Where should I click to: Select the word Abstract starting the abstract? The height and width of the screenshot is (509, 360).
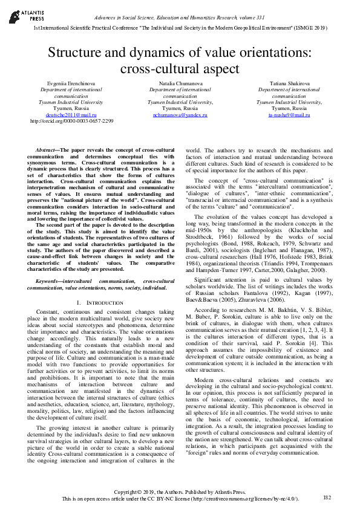click(46, 149)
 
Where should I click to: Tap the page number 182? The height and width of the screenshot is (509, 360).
click(327, 497)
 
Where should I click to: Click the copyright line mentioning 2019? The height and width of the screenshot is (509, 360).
click(180, 492)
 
